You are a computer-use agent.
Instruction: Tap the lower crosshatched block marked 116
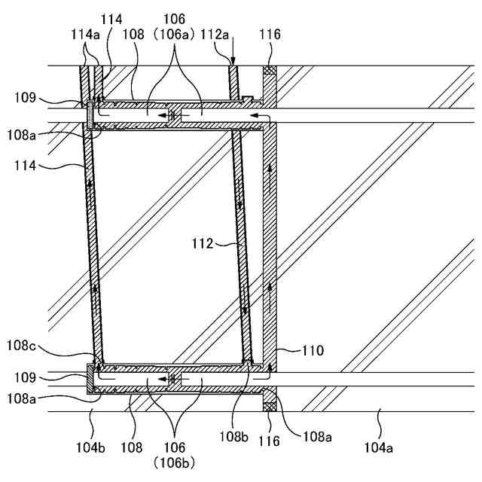pos(269,406)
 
